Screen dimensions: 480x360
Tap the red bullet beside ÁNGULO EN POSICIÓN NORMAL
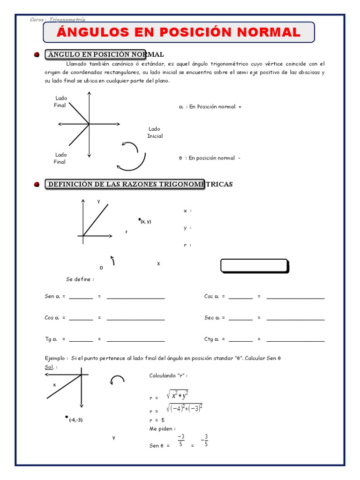37,55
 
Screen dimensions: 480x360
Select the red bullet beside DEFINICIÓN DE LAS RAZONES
37,184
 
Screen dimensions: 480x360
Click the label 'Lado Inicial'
155,132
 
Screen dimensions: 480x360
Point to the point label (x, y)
145,222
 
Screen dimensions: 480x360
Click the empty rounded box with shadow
254,266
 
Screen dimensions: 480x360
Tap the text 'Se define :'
80,279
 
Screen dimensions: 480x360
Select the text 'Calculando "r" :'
168,376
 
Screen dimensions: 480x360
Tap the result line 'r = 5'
157,420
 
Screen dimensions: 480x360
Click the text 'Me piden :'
162,428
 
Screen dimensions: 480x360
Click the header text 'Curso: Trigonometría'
57,19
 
